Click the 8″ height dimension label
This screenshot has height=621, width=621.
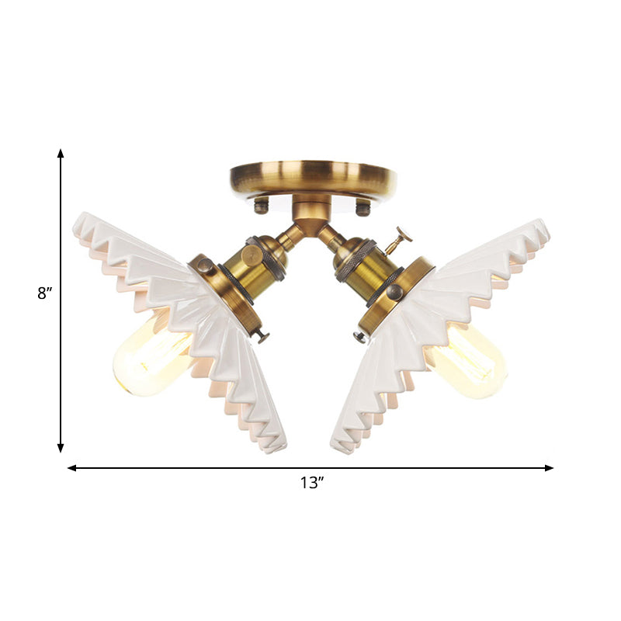tap(44, 294)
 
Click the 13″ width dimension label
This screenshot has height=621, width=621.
tap(311, 483)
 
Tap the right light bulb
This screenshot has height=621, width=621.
tap(467, 359)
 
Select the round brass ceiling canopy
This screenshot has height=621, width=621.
tap(313, 178)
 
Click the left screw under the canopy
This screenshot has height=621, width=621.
tap(262, 206)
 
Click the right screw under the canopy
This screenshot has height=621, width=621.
tap(362, 206)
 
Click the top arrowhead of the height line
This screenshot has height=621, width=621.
tap(61, 154)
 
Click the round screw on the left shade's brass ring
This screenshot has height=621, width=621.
tap(206, 265)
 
